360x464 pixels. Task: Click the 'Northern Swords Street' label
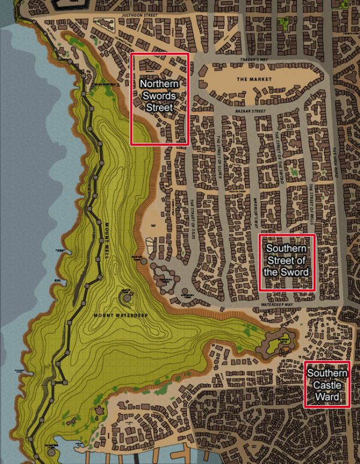(160, 97)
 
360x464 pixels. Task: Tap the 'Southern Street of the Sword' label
(287, 260)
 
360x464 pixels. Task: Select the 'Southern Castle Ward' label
(327, 385)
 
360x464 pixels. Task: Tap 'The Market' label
(250, 79)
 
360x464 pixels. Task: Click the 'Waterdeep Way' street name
(277, 305)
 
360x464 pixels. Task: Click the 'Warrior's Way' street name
(254, 211)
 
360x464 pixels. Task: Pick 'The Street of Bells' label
(312, 202)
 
